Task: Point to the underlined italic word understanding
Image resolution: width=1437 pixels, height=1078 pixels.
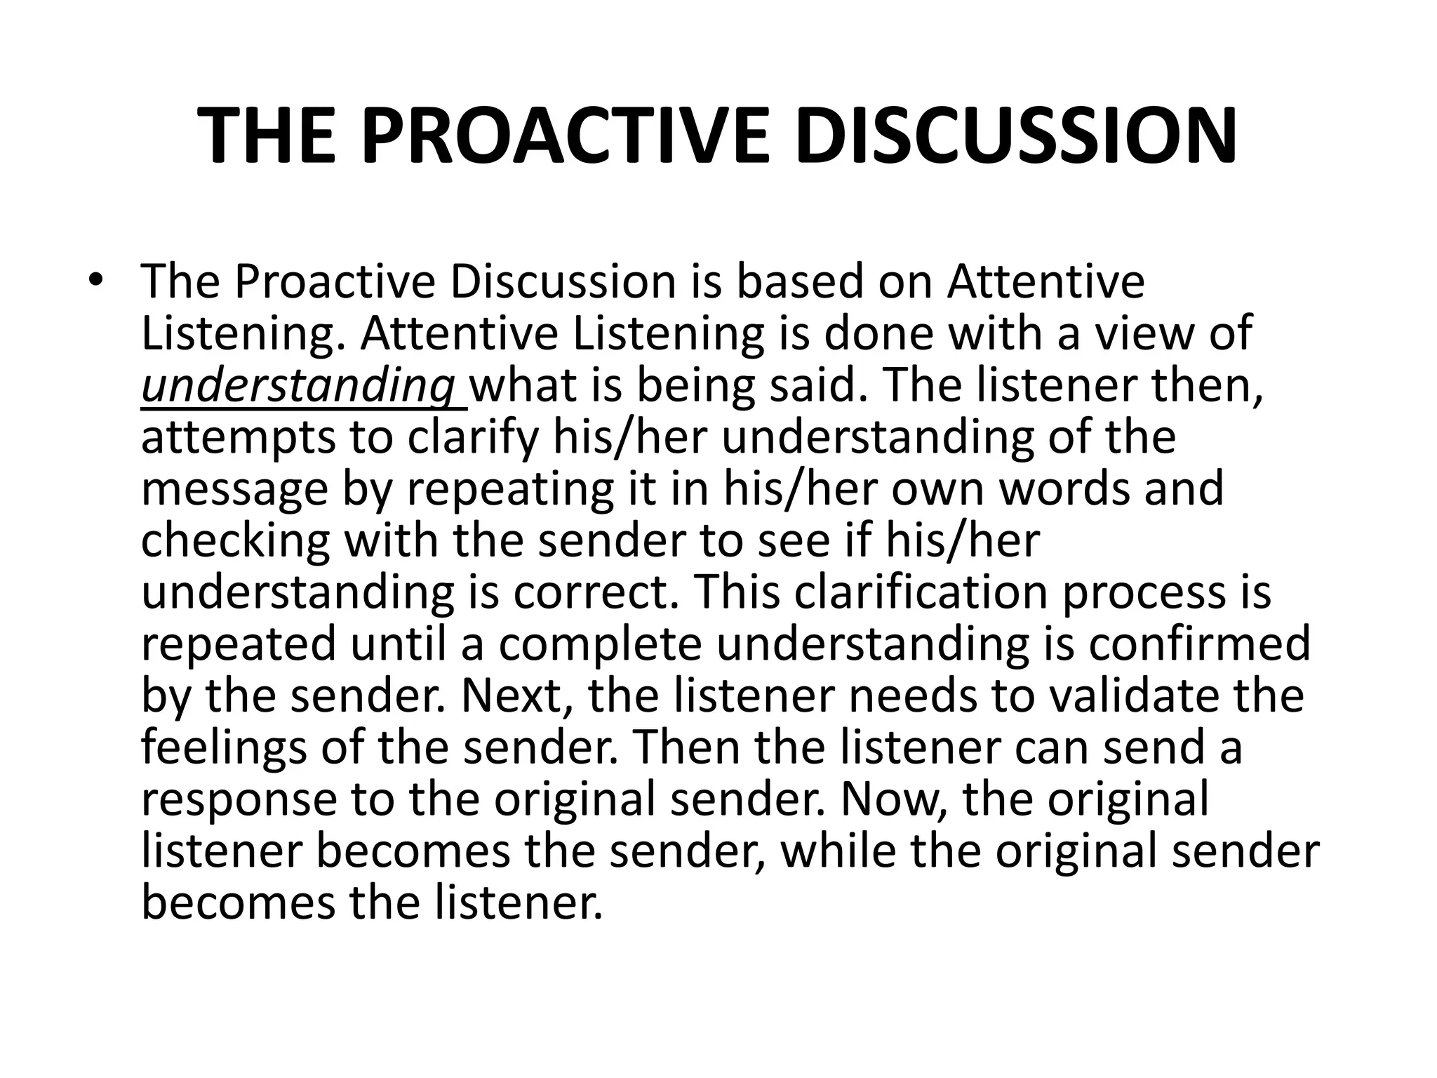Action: (298, 386)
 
